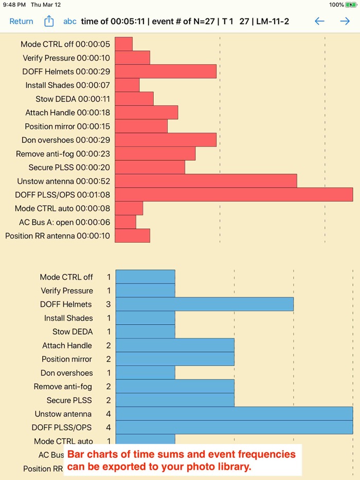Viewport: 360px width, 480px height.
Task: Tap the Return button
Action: point(21,22)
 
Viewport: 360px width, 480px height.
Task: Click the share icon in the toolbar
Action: point(49,21)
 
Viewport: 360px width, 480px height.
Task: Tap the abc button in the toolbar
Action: point(70,22)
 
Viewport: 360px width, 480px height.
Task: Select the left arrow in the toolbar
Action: point(319,21)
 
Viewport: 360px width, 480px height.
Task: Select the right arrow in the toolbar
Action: point(345,21)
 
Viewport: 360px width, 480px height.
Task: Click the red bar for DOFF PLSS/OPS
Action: point(233,194)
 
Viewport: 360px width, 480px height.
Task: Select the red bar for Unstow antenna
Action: point(206,181)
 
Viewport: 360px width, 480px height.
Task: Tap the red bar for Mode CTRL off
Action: point(123,44)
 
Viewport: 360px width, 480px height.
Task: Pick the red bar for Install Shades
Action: point(127,85)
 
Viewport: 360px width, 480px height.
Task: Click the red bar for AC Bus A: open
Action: point(125,222)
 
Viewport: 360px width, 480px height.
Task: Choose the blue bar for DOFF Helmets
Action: point(204,304)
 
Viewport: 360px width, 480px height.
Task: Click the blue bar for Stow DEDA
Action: point(145,331)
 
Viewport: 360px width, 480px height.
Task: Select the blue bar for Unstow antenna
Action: point(234,414)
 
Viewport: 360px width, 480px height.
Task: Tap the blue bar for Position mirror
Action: point(175,359)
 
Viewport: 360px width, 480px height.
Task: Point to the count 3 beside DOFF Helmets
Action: point(109,304)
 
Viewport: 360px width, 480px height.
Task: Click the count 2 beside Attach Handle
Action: point(109,345)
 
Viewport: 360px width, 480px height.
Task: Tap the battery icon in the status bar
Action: point(351,5)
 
